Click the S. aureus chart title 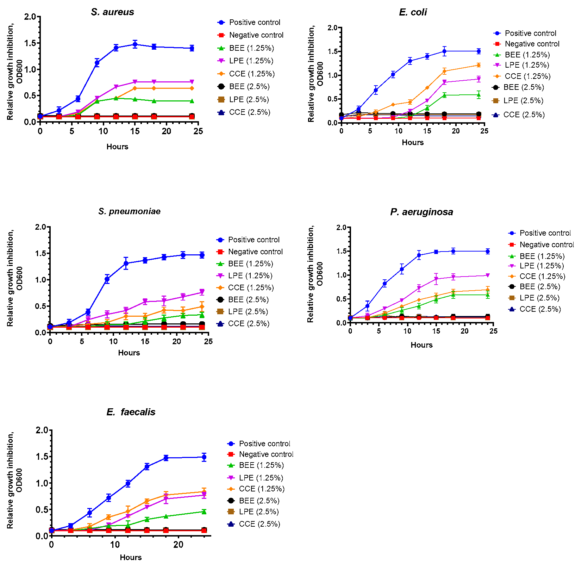(x=112, y=12)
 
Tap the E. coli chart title (x=413, y=12)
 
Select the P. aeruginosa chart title (x=421, y=212)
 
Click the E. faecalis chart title (x=131, y=412)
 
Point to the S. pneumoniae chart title (x=129, y=211)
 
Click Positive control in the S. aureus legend (x=254, y=23)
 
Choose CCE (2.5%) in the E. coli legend (x=524, y=115)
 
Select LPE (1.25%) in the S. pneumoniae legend (x=250, y=276)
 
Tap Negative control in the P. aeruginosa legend (x=546, y=245)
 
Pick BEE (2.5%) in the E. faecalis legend (x=259, y=501)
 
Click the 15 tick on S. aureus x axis (x=135, y=131)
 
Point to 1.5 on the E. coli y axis (x=332, y=51)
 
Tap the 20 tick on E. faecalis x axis (x=179, y=545)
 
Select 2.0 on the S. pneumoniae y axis (x=40, y=227)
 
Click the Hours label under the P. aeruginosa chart (x=421, y=345)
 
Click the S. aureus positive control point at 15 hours (x=135, y=44)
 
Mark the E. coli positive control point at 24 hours (x=478, y=51)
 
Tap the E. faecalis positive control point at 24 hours (x=204, y=457)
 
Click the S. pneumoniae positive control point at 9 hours (x=107, y=279)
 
